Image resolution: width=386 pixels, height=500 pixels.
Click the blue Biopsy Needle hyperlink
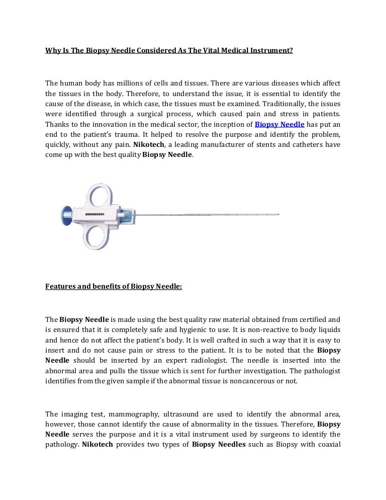tap(279, 124)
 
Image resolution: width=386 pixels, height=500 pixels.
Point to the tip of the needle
tap(278, 215)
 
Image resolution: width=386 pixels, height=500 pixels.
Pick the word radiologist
tap(218, 361)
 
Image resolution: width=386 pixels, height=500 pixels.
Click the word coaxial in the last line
tap(328, 445)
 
